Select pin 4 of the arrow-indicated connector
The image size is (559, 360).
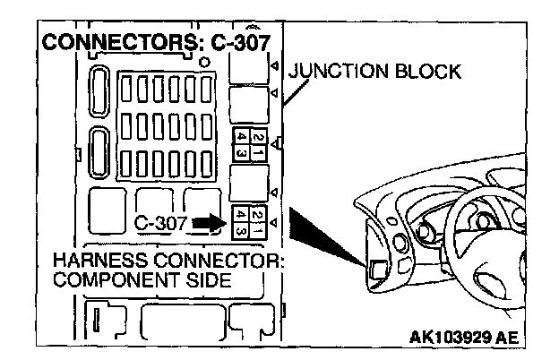pyautogui.click(x=240, y=229)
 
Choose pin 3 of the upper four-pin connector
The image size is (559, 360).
pyautogui.click(x=240, y=152)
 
